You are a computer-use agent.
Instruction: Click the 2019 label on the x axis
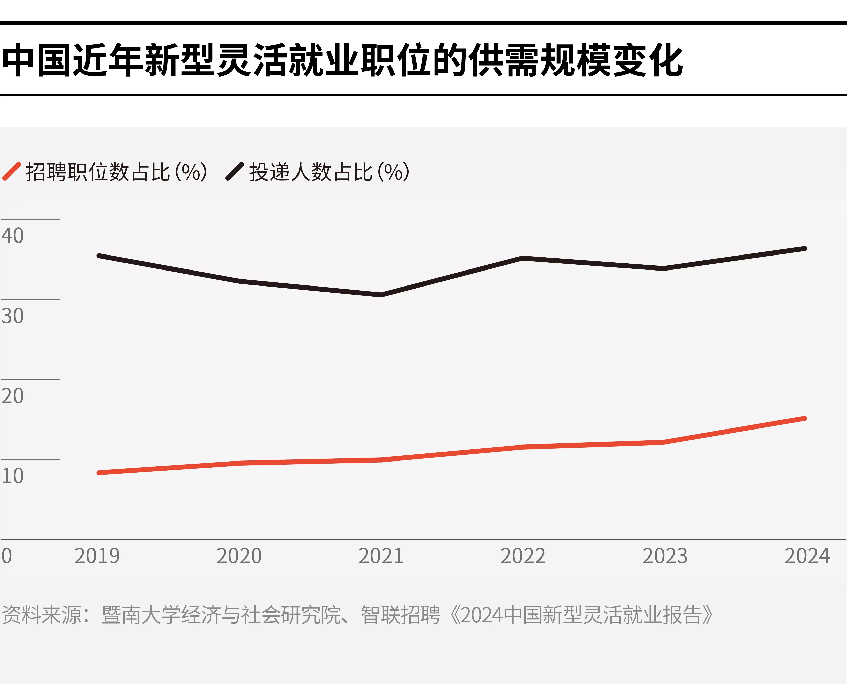click(97, 556)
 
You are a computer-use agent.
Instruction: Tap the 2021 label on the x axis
click(381, 556)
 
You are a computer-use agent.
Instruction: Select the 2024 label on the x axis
click(807, 556)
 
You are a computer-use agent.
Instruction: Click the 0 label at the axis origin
click(7, 556)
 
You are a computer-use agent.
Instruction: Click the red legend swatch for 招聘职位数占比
click(11, 171)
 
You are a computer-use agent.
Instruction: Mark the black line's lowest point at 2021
click(381, 294)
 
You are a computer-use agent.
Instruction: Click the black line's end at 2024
click(805, 249)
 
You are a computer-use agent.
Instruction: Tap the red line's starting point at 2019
click(99, 472)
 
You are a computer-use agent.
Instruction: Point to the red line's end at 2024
click(805, 418)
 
